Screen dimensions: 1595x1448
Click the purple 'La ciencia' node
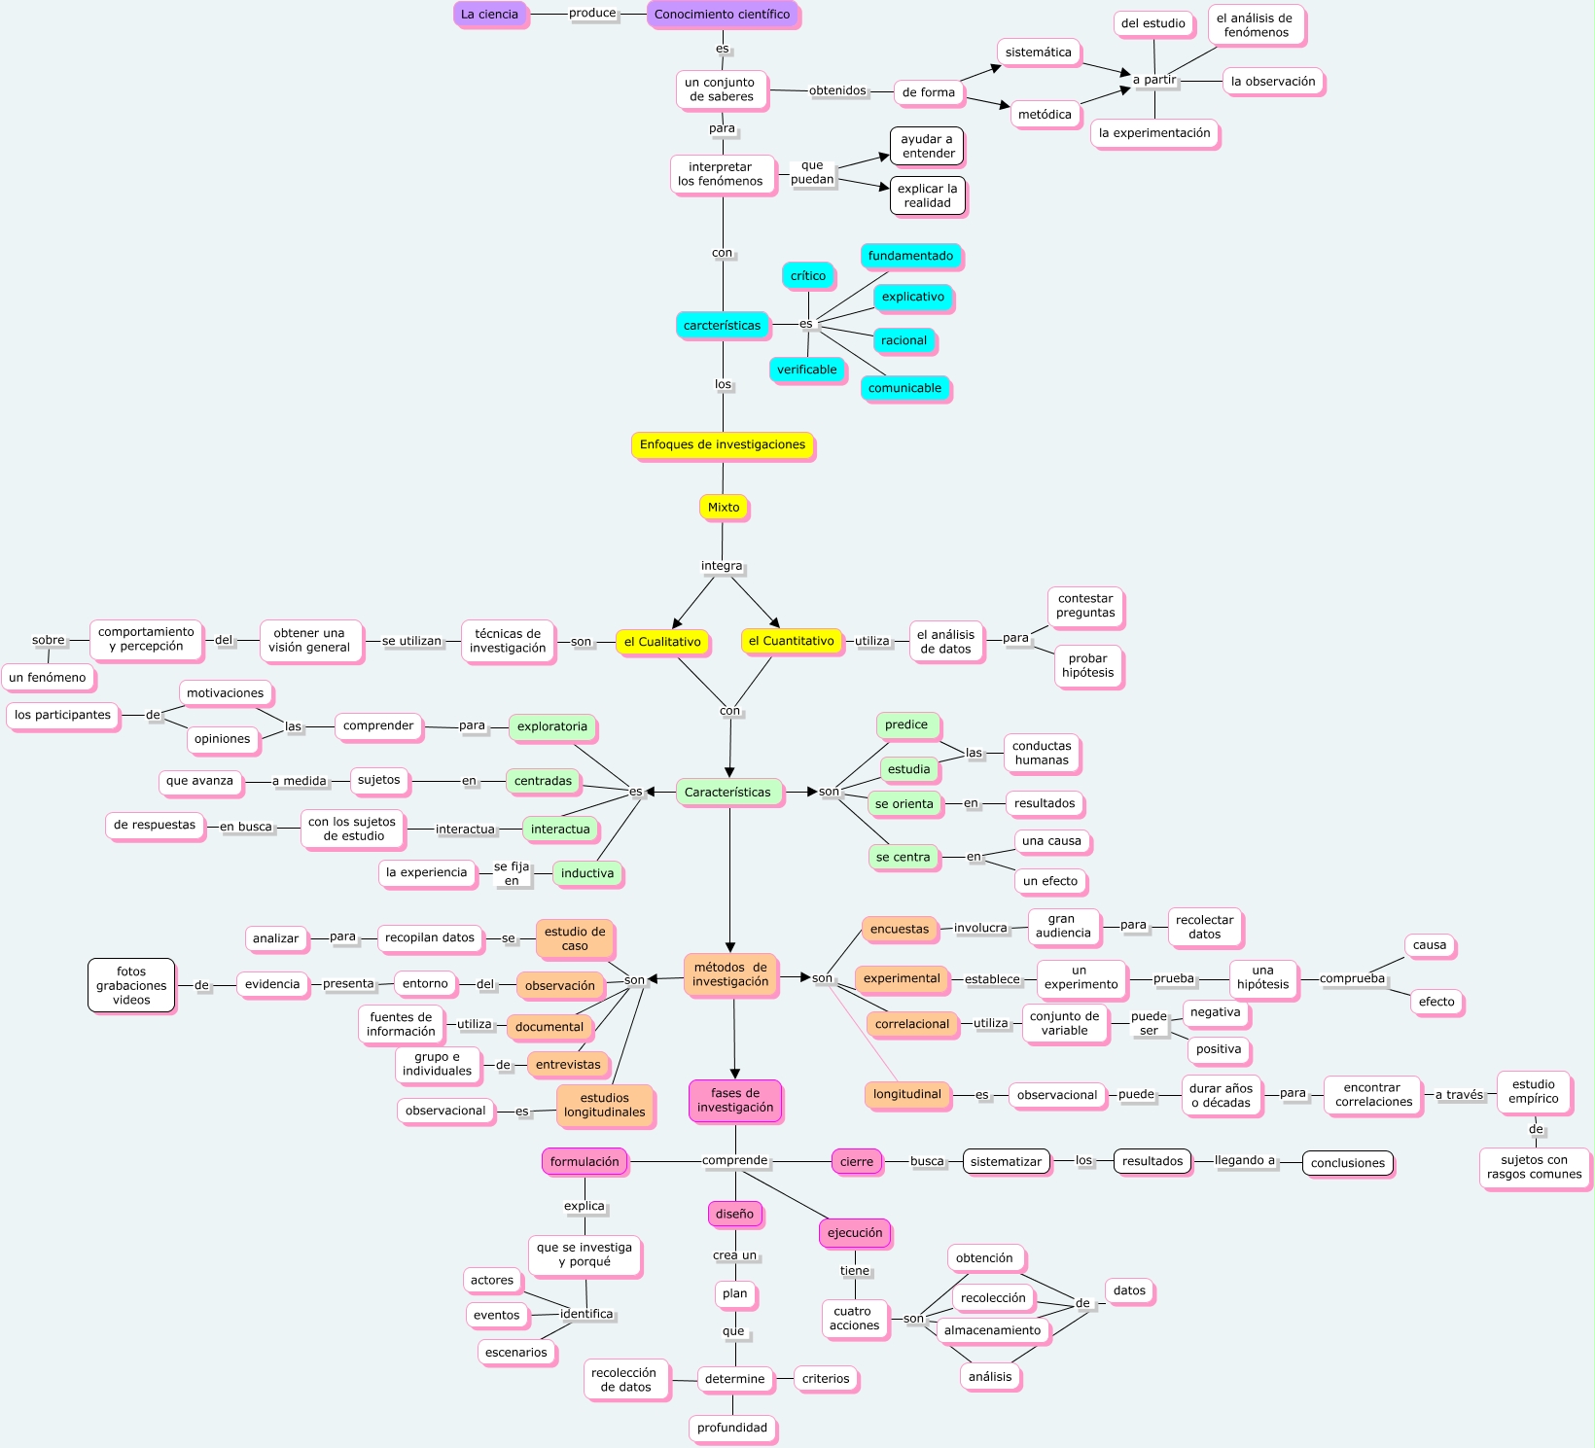(x=489, y=15)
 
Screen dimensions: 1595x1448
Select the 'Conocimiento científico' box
(x=722, y=15)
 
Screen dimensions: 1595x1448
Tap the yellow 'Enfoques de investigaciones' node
(x=723, y=444)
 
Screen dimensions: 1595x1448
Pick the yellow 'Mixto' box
(x=724, y=507)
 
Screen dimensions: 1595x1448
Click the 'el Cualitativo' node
(x=662, y=642)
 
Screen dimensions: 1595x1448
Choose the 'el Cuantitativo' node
(x=792, y=641)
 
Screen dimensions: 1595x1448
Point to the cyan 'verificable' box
(x=807, y=370)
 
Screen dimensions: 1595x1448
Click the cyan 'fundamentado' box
(x=910, y=256)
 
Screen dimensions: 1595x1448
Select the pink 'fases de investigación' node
(x=735, y=1100)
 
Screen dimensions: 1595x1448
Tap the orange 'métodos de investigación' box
(x=730, y=974)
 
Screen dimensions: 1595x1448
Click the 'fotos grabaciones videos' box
(x=131, y=985)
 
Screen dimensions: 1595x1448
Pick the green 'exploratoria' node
(x=552, y=726)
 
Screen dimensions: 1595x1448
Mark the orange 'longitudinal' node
(x=907, y=1094)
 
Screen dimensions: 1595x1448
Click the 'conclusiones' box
(x=1348, y=1163)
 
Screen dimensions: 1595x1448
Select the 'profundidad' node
(x=732, y=1428)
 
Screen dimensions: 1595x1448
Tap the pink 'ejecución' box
(x=855, y=1233)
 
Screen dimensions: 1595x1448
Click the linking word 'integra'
(x=722, y=566)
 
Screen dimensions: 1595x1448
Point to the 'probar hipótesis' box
(x=1088, y=666)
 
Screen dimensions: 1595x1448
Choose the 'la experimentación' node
(x=1154, y=133)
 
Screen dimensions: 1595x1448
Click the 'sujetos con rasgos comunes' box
(x=1535, y=1167)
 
